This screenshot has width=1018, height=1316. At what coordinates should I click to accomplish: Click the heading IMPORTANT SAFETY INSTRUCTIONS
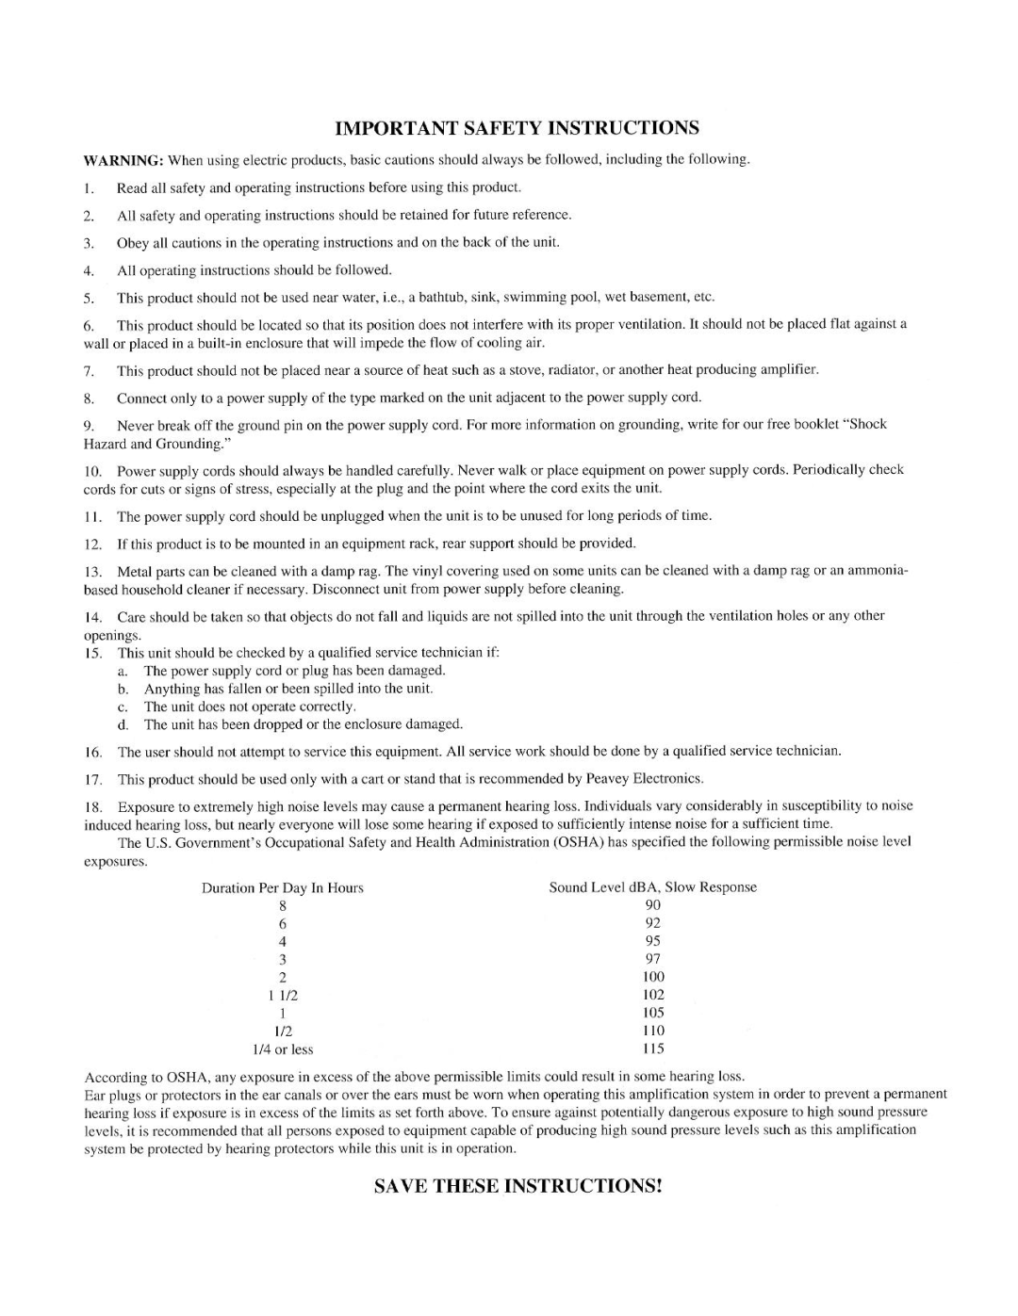517,128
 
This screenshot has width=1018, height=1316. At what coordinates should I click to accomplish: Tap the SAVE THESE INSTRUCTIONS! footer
517,1186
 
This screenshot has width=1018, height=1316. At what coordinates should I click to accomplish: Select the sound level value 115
653,1048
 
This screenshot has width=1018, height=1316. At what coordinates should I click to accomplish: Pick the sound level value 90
653,905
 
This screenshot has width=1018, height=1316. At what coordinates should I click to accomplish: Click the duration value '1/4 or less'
283,1049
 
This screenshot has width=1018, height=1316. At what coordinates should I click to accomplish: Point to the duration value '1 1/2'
283,995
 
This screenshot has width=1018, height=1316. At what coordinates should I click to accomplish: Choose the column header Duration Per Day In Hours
283,888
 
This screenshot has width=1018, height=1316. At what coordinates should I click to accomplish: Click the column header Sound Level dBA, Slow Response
653,887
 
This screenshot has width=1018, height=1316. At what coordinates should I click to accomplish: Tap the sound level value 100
653,977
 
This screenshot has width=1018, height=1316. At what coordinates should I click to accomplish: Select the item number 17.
93,780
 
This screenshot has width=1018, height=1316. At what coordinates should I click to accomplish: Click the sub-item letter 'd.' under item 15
123,725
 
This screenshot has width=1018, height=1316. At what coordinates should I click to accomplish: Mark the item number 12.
93,544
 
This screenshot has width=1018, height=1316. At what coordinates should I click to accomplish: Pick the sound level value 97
653,959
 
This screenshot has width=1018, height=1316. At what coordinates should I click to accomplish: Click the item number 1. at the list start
90,188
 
